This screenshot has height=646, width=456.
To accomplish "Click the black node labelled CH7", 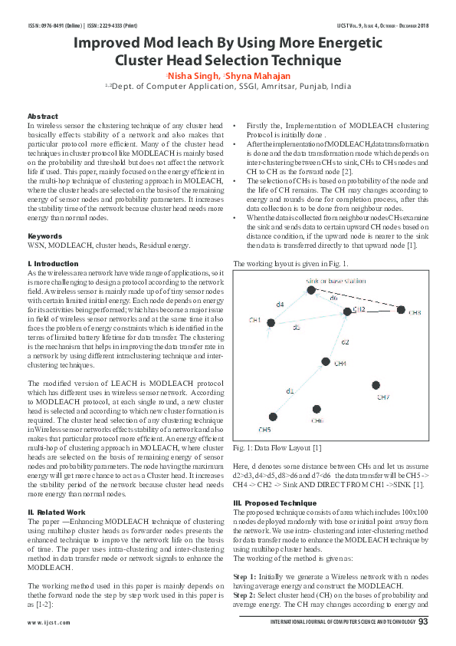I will pyautogui.click(x=376, y=386).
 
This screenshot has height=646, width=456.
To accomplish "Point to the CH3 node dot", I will pyautogui.click(x=402, y=310).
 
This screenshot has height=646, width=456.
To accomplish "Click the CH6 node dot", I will pyautogui.click(x=317, y=410).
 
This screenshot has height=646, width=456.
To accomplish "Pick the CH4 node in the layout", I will pyautogui.click(x=326, y=361).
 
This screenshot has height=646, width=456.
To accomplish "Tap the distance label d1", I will pyautogui.click(x=290, y=391).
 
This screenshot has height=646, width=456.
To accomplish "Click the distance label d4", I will pyautogui.click(x=280, y=305).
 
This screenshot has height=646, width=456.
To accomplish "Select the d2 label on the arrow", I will pyautogui.click(x=346, y=342).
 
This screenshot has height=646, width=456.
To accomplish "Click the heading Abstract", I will pyautogui.click(x=43, y=116).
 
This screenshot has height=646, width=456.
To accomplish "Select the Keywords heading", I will pyautogui.click(x=44, y=236).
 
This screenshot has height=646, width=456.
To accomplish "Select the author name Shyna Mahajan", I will pyautogui.click(x=258, y=76).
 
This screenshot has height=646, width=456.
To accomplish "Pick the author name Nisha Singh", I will pyautogui.click(x=192, y=76).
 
